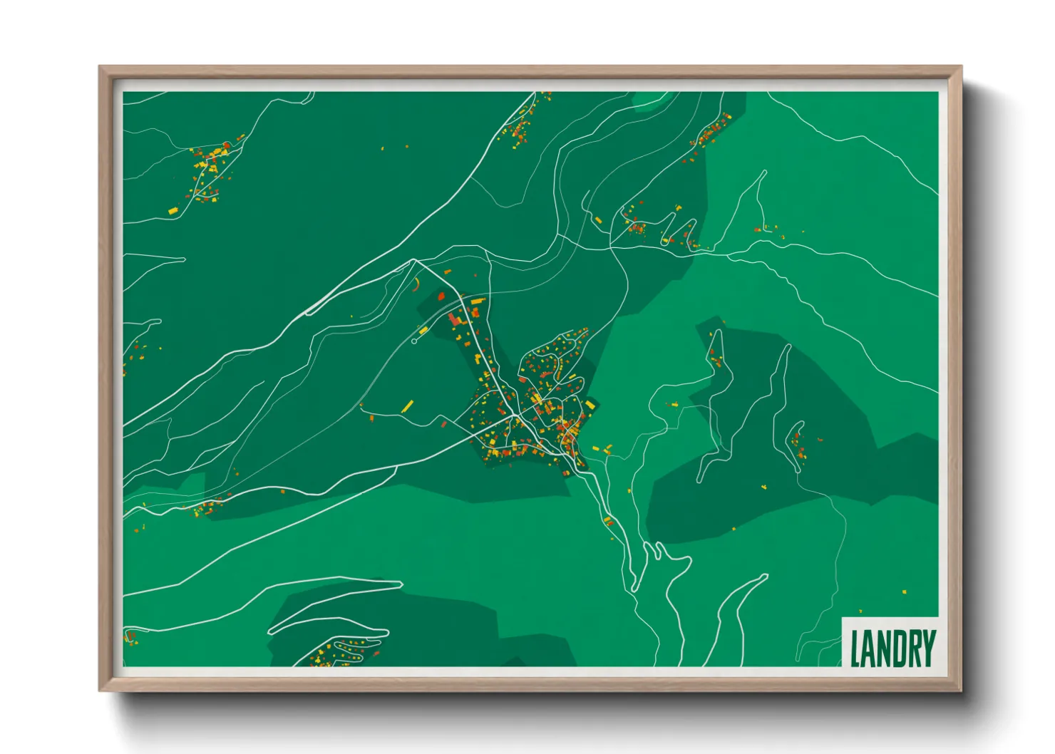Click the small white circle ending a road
coord(414,341)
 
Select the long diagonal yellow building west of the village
coord(407,406)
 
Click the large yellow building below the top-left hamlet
coord(172,210)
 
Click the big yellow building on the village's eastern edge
coord(591,405)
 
